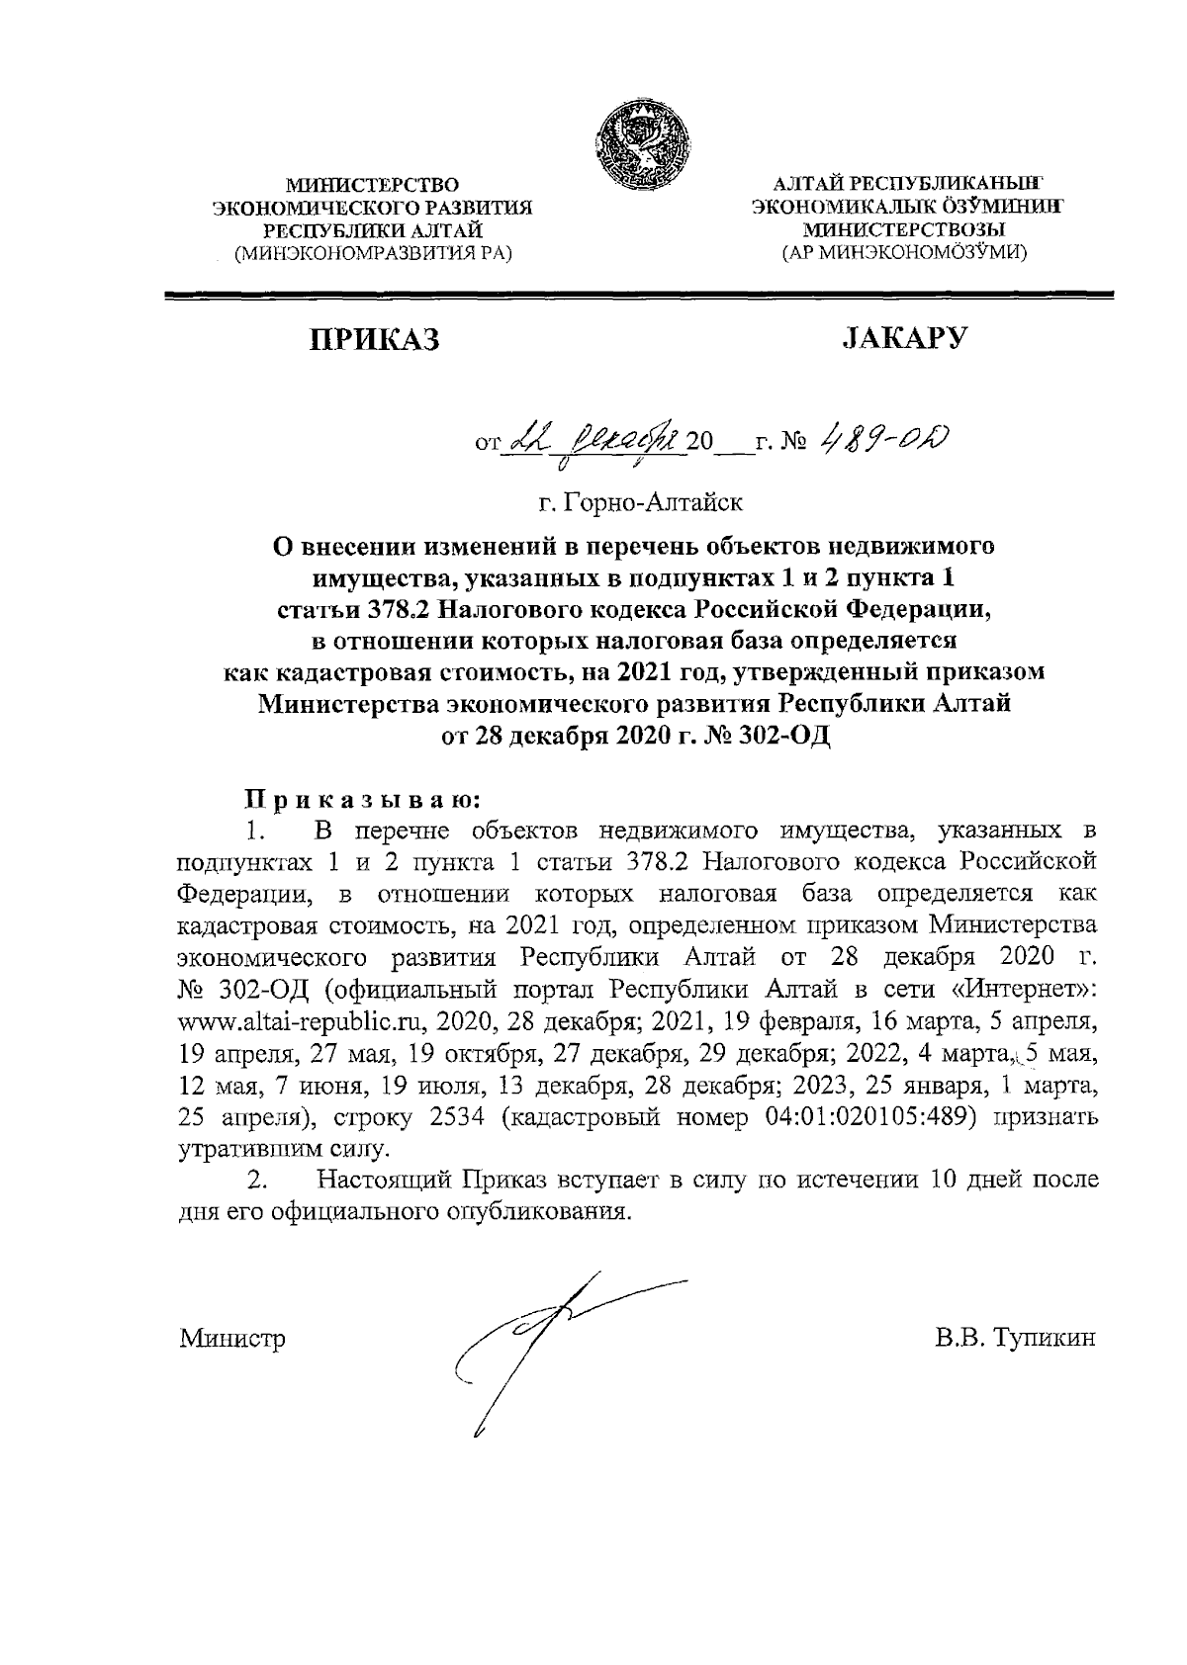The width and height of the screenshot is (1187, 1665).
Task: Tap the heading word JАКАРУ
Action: pos(903,338)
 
